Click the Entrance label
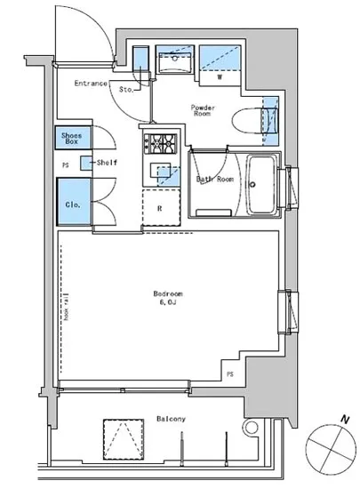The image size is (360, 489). point(91,84)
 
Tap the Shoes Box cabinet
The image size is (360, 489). point(73,138)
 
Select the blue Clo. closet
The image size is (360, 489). point(74,202)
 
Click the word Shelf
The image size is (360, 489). point(107,163)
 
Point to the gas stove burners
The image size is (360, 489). point(160,144)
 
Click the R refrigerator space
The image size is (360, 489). point(162,207)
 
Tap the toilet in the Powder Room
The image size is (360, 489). point(254,121)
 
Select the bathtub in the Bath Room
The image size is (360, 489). point(261,185)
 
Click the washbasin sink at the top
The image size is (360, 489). point(175,62)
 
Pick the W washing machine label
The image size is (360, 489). point(220,76)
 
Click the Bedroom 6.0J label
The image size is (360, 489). point(168,298)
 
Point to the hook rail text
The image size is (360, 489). point(67,307)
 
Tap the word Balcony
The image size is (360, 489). point(172,419)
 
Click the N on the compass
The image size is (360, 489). point(344,420)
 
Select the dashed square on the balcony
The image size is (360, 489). point(124,439)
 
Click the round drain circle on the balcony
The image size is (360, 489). point(251,428)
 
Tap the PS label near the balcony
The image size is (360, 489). point(230,374)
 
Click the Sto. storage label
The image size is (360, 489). point(126,90)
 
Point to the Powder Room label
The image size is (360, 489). point(203,111)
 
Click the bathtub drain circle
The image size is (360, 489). point(252,185)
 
